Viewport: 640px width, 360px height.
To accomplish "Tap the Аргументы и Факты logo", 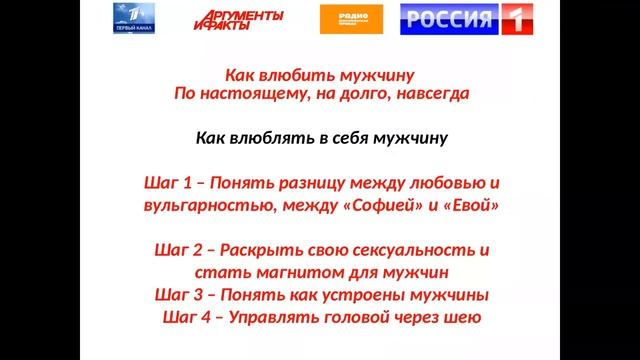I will pyautogui.click(x=238, y=21).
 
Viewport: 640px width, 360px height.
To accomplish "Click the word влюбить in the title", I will pyautogui.click(x=296, y=75).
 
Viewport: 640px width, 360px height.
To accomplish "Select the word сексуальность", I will pyautogui.click(x=404, y=250).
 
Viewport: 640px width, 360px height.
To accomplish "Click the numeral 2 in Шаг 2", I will pyautogui.click(x=197, y=250).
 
